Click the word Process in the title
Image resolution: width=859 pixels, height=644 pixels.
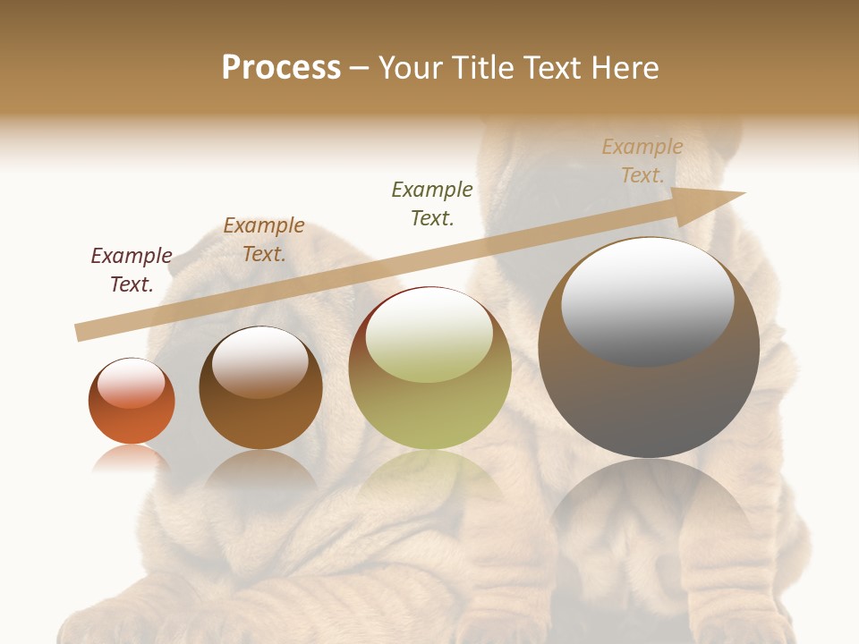pos(281,68)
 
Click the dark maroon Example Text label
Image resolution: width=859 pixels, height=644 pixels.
pos(132,270)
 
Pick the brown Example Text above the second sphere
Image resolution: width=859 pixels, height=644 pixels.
pos(264,240)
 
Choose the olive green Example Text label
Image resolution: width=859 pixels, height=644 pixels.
pos(432,204)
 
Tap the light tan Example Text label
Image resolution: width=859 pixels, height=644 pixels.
pos(642,161)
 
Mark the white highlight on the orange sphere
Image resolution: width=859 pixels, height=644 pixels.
pos(132,383)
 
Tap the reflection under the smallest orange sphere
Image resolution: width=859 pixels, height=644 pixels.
pos(132,459)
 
